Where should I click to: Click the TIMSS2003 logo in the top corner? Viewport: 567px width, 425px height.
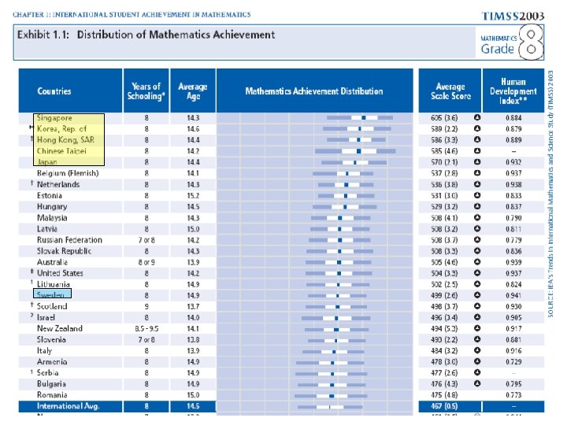pyautogui.click(x=512, y=15)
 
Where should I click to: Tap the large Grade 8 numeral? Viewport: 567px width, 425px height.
pyautogui.click(x=533, y=42)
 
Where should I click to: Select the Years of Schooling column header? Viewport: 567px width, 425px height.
pyautogui.click(x=146, y=91)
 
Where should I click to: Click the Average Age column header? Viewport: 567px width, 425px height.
pyautogui.click(x=193, y=91)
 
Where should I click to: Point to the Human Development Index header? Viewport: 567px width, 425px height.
pyautogui.click(x=513, y=91)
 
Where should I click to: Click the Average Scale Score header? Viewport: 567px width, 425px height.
pyautogui.click(x=451, y=91)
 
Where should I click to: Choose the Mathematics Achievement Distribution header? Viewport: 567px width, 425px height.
pyautogui.click(x=314, y=91)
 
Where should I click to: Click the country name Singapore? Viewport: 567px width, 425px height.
pyautogui.click(x=54, y=118)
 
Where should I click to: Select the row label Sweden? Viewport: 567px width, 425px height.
pyautogui.click(x=51, y=295)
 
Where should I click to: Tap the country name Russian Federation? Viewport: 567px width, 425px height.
pyautogui.click(x=69, y=240)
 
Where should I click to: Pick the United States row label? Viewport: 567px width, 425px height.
pyautogui.click(x=60, y=273)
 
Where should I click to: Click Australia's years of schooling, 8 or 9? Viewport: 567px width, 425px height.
pyautogui.click(x=146, y=262)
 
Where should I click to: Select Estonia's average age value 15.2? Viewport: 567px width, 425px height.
pyautogui.click(x=193, y=196)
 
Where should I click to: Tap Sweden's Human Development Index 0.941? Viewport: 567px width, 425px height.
pyautogui.click(x=513, y=295)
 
